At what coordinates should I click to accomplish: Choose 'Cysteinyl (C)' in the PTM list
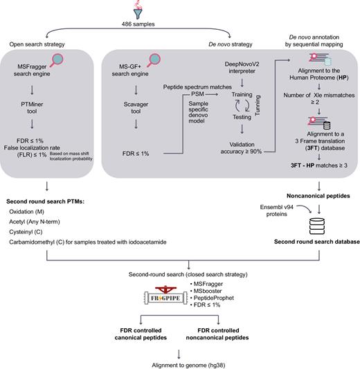pyautogui.click(x=31, y=233)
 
